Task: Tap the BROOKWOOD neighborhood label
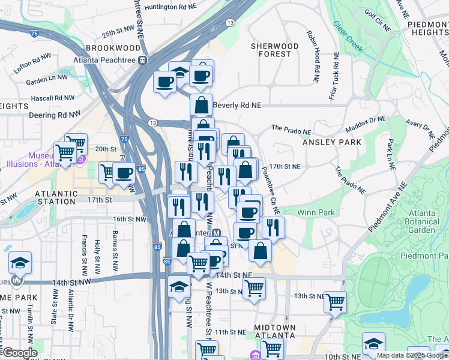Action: coord(108,47)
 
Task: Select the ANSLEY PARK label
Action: coord(332,142)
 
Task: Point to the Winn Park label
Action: coord(316,212)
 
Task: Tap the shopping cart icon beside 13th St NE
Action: coord(335,301)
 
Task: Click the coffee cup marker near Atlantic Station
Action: coord(124,173)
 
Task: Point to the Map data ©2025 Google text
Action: coord(411,355)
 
